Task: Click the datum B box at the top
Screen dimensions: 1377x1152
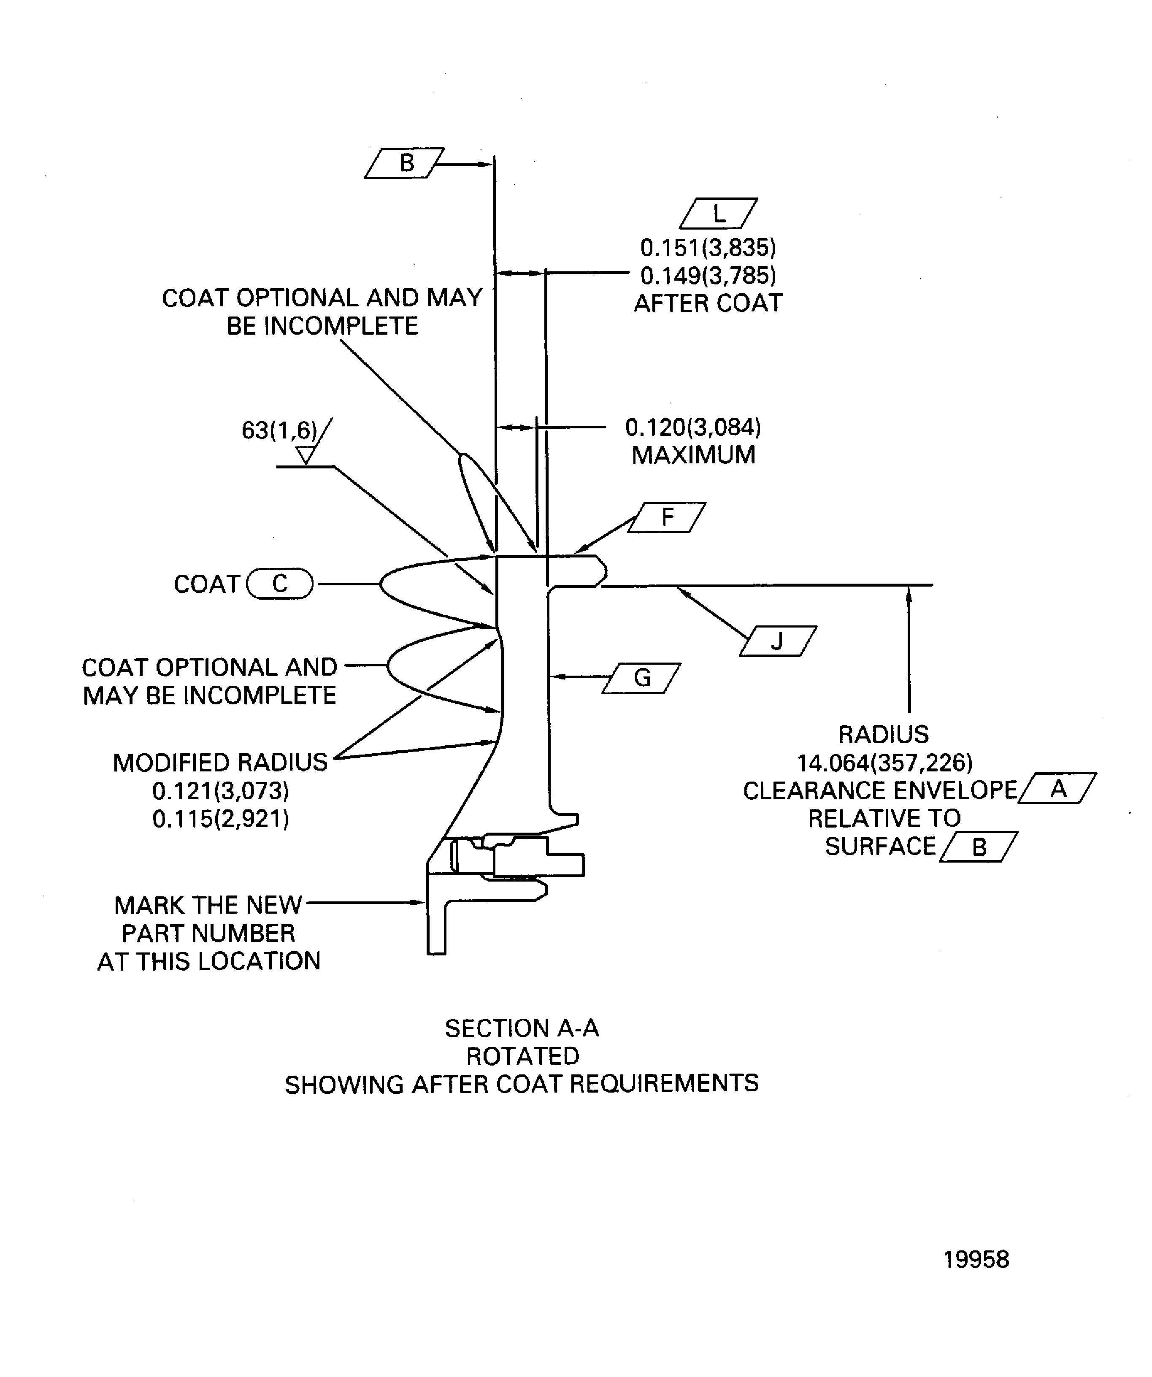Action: tap(405, 162)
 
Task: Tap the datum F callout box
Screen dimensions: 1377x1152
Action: tap(667, 517)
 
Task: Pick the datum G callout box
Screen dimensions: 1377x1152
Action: tap(641, 678)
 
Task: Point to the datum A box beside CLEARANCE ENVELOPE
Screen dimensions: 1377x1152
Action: tap(1057, 788)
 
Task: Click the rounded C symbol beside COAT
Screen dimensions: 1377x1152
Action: tap(280, 584)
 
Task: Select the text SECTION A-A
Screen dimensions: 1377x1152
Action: tap(522, 1028)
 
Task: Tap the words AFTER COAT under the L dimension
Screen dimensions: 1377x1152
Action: tap(708, 303)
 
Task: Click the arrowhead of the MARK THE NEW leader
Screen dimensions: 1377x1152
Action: tap(419, 902)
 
